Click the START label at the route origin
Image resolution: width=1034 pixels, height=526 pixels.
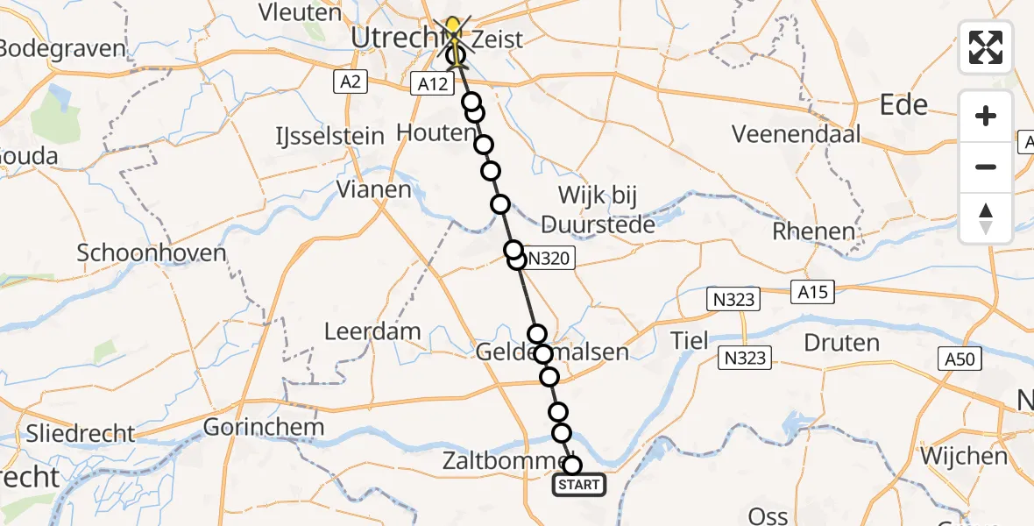578,485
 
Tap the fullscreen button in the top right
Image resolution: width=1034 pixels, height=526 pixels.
986,47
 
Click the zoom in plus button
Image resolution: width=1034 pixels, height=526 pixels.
986,116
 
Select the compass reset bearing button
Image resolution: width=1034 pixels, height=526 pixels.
986,218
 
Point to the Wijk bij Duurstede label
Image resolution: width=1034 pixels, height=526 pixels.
598,210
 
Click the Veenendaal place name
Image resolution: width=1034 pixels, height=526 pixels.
797,134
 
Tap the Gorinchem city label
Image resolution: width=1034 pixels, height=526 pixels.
264,428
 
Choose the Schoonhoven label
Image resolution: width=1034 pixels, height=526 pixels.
152,253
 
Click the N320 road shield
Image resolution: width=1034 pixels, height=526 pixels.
550,259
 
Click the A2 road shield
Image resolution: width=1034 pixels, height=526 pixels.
351,82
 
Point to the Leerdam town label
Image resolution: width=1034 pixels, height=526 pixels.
372,332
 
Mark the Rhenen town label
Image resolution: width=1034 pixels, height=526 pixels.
813,232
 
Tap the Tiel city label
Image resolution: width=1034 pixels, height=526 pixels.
690,341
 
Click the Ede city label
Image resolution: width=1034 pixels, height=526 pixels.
903,105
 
